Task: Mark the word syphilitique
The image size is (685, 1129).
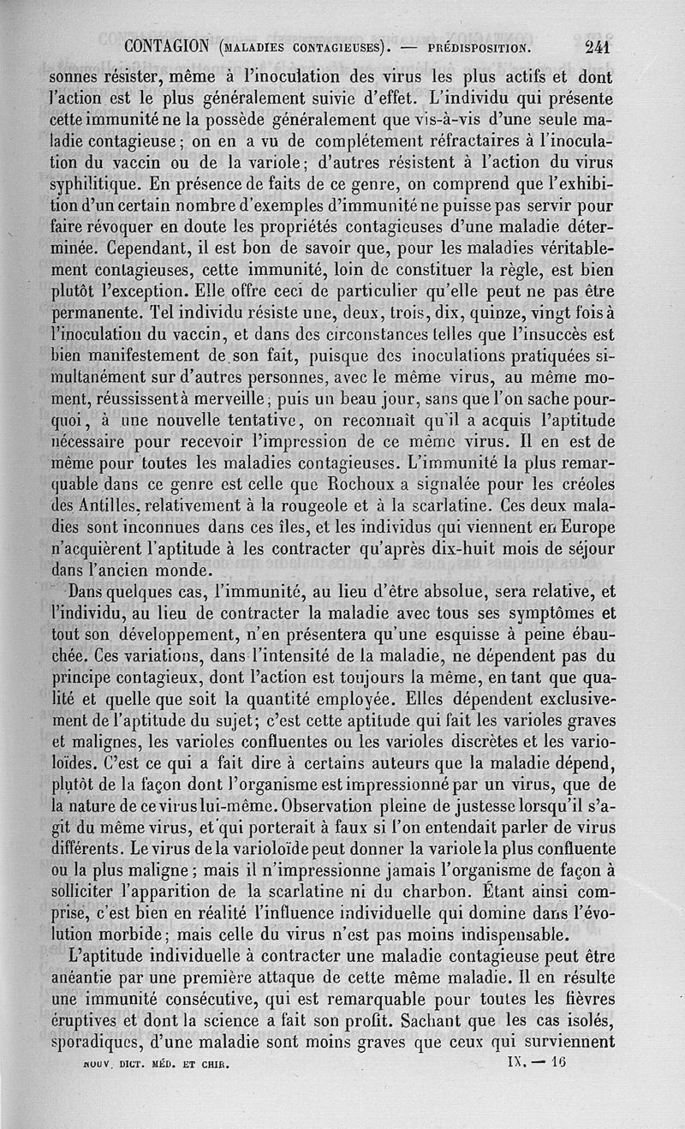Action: pyautogui.click(x=95, y=182)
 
